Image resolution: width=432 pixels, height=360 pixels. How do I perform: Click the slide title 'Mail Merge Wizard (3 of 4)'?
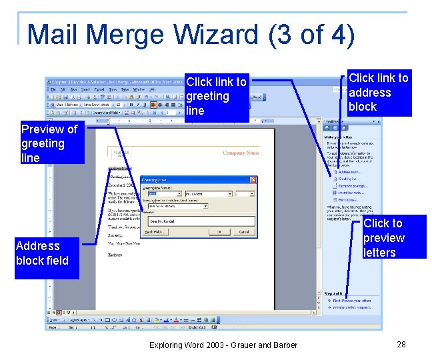[191, 35]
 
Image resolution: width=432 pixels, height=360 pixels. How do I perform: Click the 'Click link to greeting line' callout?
[216, 96]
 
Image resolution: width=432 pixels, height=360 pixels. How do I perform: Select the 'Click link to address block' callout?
[378, 92]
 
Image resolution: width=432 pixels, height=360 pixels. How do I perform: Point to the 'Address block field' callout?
[42, 253]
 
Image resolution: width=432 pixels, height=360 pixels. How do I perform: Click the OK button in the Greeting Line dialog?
[219, 232]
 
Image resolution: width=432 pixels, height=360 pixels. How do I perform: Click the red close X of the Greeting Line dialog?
[253, 179]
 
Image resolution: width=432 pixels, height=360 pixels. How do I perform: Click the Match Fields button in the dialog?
[155, 232]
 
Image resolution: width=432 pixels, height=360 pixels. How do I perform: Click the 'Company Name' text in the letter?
[241, 153]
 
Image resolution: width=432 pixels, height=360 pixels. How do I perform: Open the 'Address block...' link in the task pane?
[350, 171]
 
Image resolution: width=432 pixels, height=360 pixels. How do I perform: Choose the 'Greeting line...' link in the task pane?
[348, 179]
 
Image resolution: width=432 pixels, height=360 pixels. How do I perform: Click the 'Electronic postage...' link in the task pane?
[352, 186]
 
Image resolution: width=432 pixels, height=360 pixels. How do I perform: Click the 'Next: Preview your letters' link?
[354, 301]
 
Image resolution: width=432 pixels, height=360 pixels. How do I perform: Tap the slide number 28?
[401, 344]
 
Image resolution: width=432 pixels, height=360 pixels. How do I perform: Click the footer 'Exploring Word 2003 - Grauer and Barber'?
[223, 345]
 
